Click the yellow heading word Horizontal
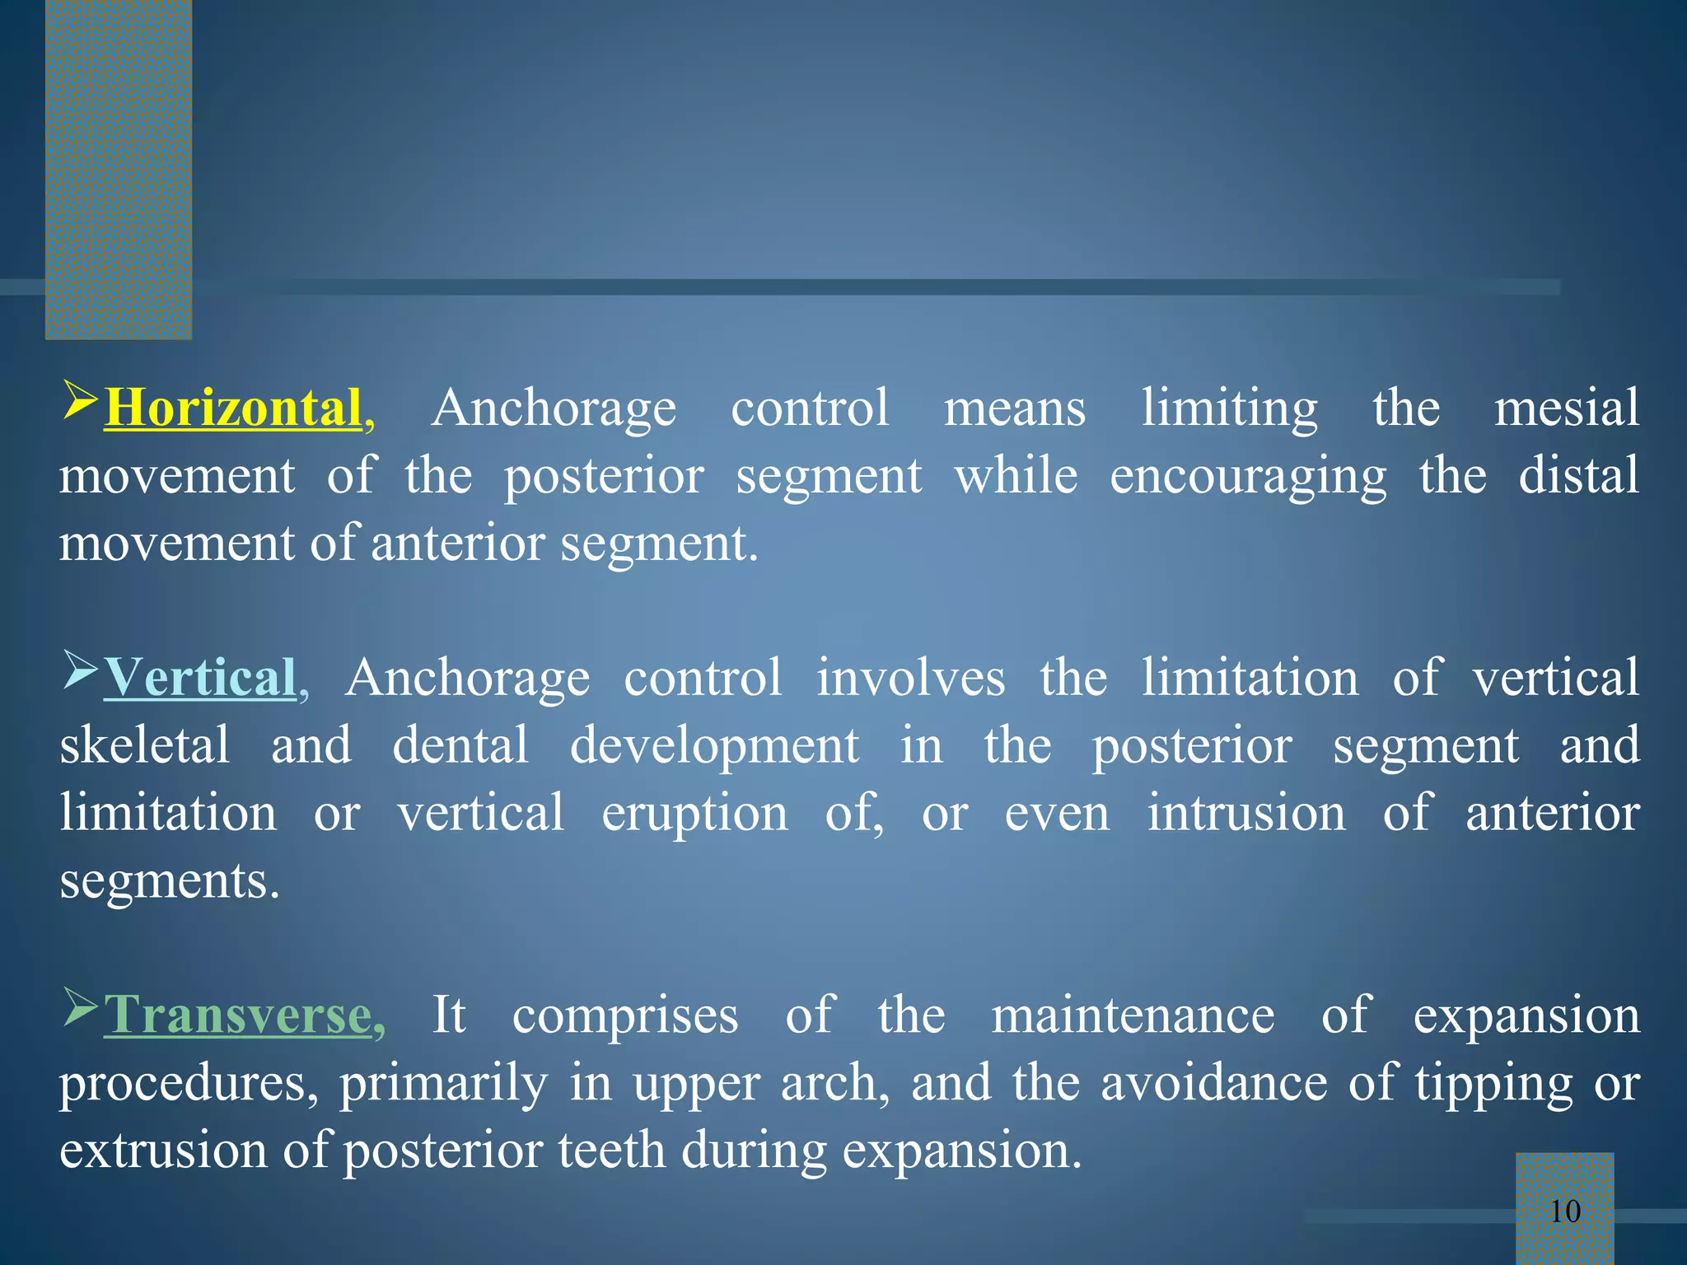[233, 408]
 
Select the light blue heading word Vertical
[199, 678]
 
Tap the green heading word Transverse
[237, 1015]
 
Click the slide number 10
[1565, 1211]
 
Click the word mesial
[1567, 408]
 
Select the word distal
[1578, 476]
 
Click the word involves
[910, 678]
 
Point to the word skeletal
[145, 745]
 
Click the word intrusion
[1246, 813]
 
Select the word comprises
[625, 1016]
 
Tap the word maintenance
[1133, 1015]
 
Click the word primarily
[443, 1084]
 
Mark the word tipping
[1494, 1084]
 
